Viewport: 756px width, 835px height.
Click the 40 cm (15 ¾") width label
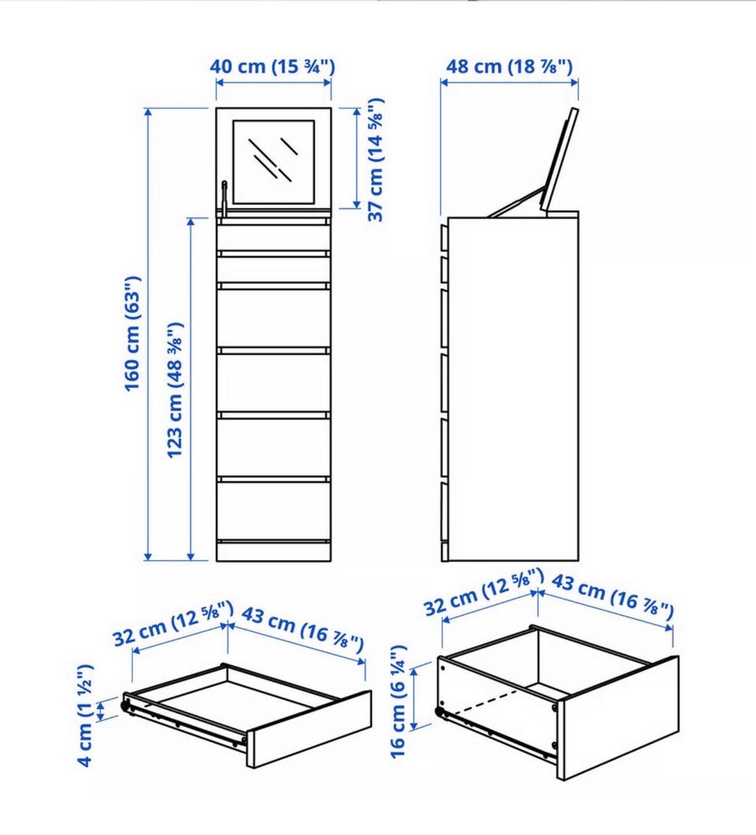[x=272, y=67]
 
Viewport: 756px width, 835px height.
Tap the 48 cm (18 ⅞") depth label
[x=509, y=67]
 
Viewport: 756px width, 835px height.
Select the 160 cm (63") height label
[x=132, y=334]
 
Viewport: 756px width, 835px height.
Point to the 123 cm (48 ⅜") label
[x=175, y=389]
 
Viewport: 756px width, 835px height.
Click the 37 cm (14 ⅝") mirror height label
[x=376, y=159]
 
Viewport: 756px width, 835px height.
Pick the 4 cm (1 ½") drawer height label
[x=85, y=715]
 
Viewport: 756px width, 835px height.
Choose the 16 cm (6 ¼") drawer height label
[x=398, y=700]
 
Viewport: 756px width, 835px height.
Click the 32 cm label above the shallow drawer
[x=173, y=622]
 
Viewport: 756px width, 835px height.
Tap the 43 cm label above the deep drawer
[x=612, y=596]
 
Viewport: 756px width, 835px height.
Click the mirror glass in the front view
[x=273, y=162]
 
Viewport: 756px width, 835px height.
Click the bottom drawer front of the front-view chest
[x=273, y=511]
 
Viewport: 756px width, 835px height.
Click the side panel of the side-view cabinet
[x=513, y=388]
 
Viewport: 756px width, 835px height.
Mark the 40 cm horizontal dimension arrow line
[x=273, y=83]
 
